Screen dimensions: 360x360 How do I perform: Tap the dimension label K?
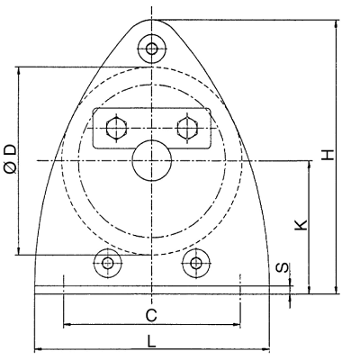pyautogui.click(x=301, y=225)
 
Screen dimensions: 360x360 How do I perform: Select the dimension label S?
pyautogui.click(x=283, y=268)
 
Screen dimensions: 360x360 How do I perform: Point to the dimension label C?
pyautogui.click(x=151, y=316)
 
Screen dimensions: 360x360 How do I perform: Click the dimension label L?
pyautogui.click(x=152, y=341)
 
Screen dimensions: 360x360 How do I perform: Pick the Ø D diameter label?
pyautogui.click(x=12, y=158)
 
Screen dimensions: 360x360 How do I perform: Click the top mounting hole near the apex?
pyautogui.click(x=152, y=49)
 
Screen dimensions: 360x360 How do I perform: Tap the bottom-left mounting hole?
pyautogui.click(x=107, y=264)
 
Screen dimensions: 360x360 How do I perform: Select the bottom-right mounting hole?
pyautogui.click(x=196, y=264)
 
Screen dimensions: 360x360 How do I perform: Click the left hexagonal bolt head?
pyautogui.click(x=117, y=129)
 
